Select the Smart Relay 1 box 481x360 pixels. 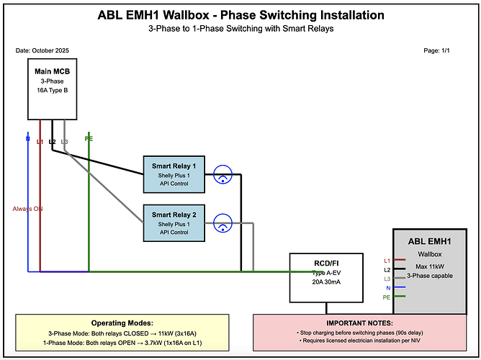(174, 174)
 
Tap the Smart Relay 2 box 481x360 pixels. (174, 223)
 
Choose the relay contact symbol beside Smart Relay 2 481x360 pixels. (223, 223)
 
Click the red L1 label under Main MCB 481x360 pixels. (40, 141)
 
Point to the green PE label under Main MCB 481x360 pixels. (89, 138)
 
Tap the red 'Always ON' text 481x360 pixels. (28, 209)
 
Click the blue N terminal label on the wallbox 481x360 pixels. (387, 287)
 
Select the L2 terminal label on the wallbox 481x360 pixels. (387, 269)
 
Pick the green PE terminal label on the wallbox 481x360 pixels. (387, 297)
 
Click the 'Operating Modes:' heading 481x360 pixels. (122, 323)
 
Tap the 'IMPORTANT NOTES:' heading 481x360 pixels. (359, 323)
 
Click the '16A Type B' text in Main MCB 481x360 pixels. (52, 91)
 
